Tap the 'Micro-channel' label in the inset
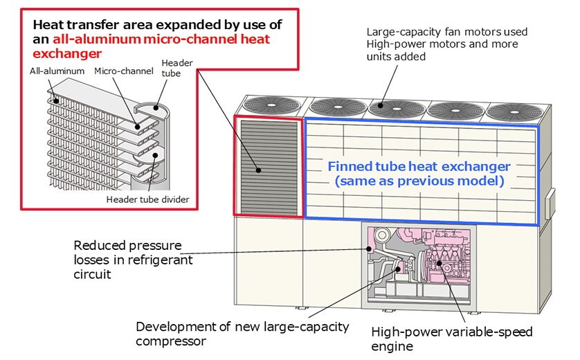(114, 71)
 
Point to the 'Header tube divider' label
(147, 199)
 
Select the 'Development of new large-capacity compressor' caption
(242, 332)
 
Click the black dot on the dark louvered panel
(257, 170)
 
